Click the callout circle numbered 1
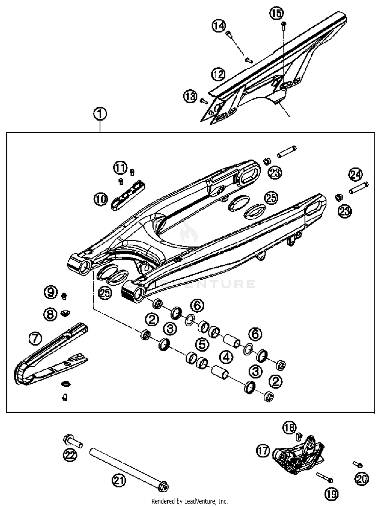pos(100,114)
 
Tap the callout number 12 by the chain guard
pos(218,74)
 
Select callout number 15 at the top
pos(276,13)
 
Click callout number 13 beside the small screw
pos(190,96)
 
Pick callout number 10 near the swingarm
pos(101,199)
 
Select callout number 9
pos(51,292)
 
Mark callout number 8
pos(50,315)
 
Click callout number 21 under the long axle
pos(119,480)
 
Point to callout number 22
pos(70,455)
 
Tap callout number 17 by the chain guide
pos(263,451)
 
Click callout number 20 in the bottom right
pos(362,479)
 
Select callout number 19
pos(331,494)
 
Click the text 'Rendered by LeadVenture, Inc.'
pos(189,501)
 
